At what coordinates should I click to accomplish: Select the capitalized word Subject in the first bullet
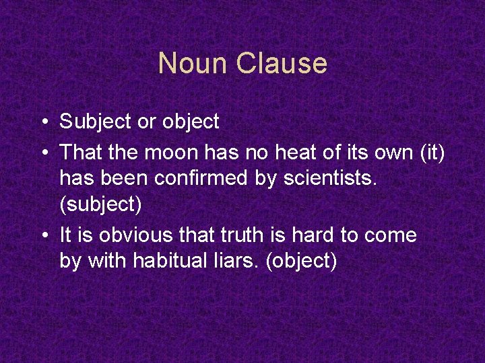point(93,122)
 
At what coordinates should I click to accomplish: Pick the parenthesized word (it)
point(431,153)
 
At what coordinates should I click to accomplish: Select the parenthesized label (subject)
point(100,204)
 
